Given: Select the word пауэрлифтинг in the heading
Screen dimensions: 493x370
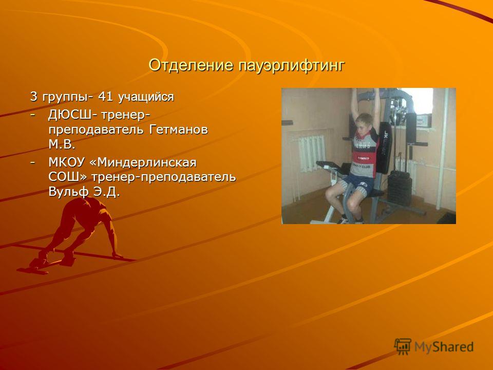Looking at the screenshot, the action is point(291,66).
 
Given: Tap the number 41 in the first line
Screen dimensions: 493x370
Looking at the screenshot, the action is point(105,97).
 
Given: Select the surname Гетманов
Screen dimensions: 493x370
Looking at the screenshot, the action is point(178,129).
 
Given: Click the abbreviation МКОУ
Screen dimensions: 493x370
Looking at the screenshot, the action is point(67,162).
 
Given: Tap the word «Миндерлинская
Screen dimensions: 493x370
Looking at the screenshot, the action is point(143,162).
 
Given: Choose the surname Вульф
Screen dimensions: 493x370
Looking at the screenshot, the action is point(68,192).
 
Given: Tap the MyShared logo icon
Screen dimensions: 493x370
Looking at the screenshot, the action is point(403,347).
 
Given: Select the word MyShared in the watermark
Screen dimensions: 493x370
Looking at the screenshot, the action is point(444,347).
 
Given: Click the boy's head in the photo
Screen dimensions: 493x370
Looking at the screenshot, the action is point(364,123).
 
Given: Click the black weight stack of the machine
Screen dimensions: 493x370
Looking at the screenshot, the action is point(400,190).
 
